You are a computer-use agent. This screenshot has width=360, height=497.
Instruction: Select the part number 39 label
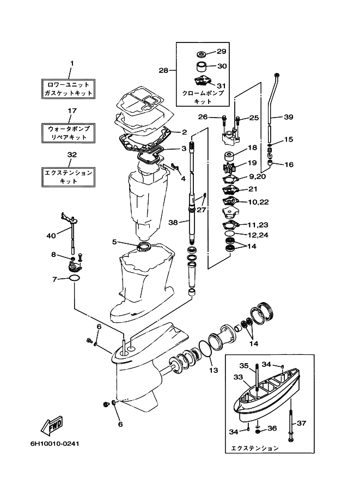pyautogui.click(x=288, y=117)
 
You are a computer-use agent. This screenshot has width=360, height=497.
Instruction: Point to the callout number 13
pyautogui.click(x=213, y=370)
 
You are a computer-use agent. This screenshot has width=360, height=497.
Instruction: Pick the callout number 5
pyautogui.click(x=114, y=242)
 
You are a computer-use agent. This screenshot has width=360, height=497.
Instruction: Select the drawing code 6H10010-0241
pyautogui.click(x=55, y=443)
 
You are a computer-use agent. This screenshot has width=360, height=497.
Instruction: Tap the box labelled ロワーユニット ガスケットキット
pyautogui.click(x=68, y=89)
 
